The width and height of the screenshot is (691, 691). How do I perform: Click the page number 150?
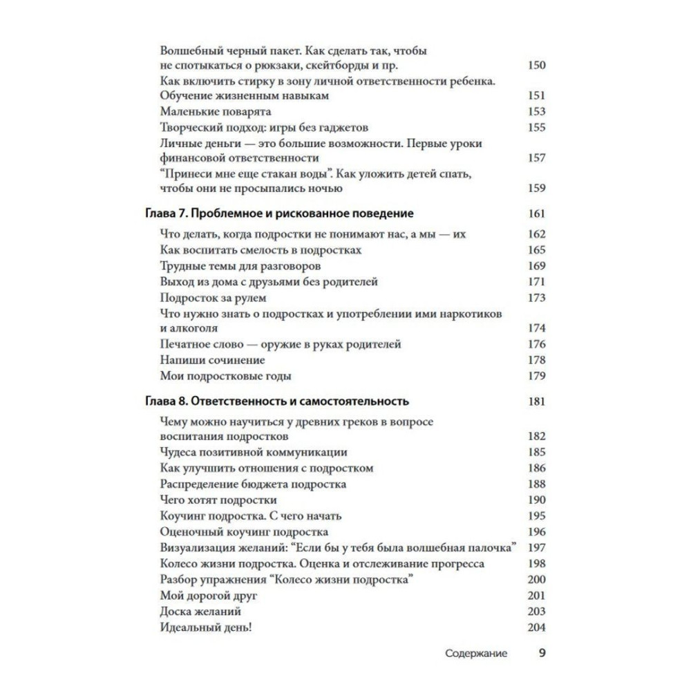point(536,66)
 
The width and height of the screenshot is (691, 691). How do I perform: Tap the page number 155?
point(536,127)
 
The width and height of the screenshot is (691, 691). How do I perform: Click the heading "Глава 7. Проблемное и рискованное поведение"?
point(280,214)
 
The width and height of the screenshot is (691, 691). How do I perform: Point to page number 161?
point(536,214)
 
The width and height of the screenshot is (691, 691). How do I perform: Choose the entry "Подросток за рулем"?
point(213,298)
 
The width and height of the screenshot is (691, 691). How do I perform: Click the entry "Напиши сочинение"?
point(212,360)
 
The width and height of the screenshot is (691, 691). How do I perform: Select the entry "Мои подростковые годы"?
point(225,376)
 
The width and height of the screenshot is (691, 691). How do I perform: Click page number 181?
point(536,401)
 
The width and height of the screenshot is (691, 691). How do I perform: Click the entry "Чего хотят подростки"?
point(218,500)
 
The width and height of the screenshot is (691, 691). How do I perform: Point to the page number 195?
point(536,515)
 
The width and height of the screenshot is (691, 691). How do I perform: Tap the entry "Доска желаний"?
point(200,612)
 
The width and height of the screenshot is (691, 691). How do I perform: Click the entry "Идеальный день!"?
point(206,627)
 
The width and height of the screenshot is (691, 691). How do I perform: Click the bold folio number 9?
point(542,652)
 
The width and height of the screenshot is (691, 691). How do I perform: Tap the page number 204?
point(536,627)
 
